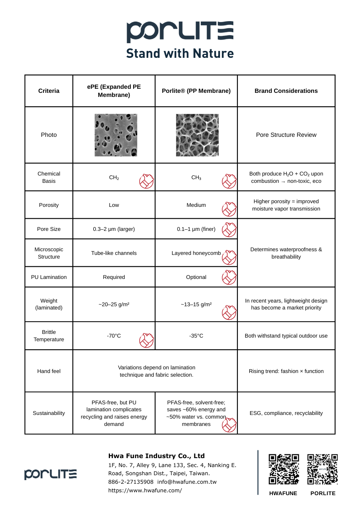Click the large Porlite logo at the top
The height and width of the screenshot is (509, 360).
click(x=180, y=32)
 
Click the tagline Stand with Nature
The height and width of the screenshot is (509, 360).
click(x=180, y=53)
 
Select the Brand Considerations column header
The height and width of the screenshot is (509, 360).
click(x=286, y=91)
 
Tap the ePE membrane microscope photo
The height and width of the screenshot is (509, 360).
click(x=116, y=135)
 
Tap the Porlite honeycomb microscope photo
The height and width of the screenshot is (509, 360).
click(x=197, y=135)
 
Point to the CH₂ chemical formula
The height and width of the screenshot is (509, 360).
click(x=114, y=178)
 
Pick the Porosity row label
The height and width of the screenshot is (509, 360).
click(x=49, y=205)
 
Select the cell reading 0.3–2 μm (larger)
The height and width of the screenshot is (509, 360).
click(x=114, y=229)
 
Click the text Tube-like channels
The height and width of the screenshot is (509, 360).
click(x=114, y=253)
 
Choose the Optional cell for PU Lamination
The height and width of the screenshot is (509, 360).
click(x=196, y=277)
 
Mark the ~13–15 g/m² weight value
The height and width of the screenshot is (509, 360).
click(x=196, y=304)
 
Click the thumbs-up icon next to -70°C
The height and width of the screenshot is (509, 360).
click(x=147, y=340)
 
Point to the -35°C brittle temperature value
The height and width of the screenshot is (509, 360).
click(x=196, y=336)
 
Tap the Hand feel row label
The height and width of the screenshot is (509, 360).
click(x=49, y=371)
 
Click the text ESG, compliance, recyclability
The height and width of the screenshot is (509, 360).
click(x=286, y=413)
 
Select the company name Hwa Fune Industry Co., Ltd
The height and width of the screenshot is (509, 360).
click(x=156, y=456)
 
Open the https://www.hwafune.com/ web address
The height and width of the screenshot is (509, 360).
click(x=145, y=490)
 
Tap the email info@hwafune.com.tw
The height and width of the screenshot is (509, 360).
click(x=187, y=482)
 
